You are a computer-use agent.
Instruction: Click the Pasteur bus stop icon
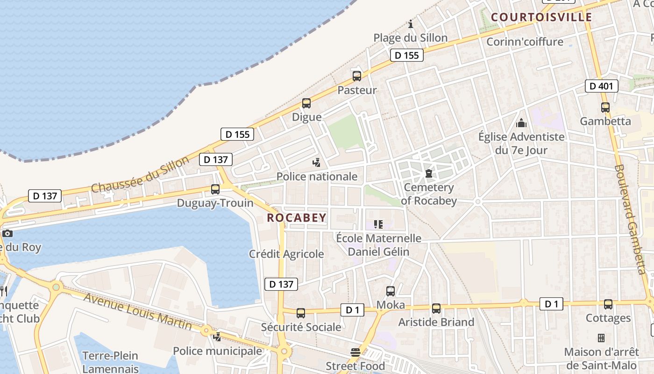click(357, 76)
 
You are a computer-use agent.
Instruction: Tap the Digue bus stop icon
click(306, 103)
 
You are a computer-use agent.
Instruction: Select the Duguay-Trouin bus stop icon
click(215, 189)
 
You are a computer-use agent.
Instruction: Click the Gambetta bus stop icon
click(605, 108)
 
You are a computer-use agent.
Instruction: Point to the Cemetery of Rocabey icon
click(428, 174)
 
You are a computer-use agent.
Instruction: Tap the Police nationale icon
click(317, 163)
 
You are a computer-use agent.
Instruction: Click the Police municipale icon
click(217, 337)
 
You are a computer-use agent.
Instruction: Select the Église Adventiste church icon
click(521, 123)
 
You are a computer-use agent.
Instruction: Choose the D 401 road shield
click(602, 86)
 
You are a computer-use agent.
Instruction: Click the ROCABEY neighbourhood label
click(297, 218)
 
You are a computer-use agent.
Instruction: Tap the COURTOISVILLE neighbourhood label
click(541, 18)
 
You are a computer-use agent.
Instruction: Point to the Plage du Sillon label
click(410, 38)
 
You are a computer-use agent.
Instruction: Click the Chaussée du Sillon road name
click(140, 174)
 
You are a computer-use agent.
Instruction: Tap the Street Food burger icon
click(355, 352)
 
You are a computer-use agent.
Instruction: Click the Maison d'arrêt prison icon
click(601, 338)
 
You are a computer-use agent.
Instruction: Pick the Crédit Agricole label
click(286, 254)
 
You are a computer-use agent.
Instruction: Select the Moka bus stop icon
click(391, 291)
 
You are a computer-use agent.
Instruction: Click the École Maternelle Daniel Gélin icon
click(378, 225)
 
